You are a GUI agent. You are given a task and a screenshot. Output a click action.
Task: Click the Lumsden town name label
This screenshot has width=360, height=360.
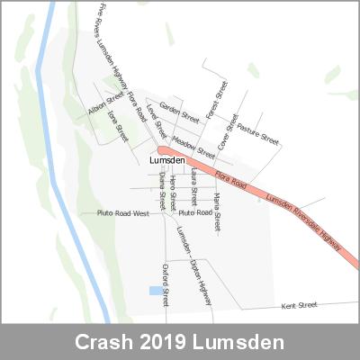[168, 160]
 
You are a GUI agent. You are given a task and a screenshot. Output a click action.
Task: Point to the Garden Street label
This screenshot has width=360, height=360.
[178, 111]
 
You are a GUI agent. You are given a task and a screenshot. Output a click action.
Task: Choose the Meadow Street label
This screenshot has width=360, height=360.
[193, 141]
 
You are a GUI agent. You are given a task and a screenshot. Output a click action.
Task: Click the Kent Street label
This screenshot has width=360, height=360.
[300, 305]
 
